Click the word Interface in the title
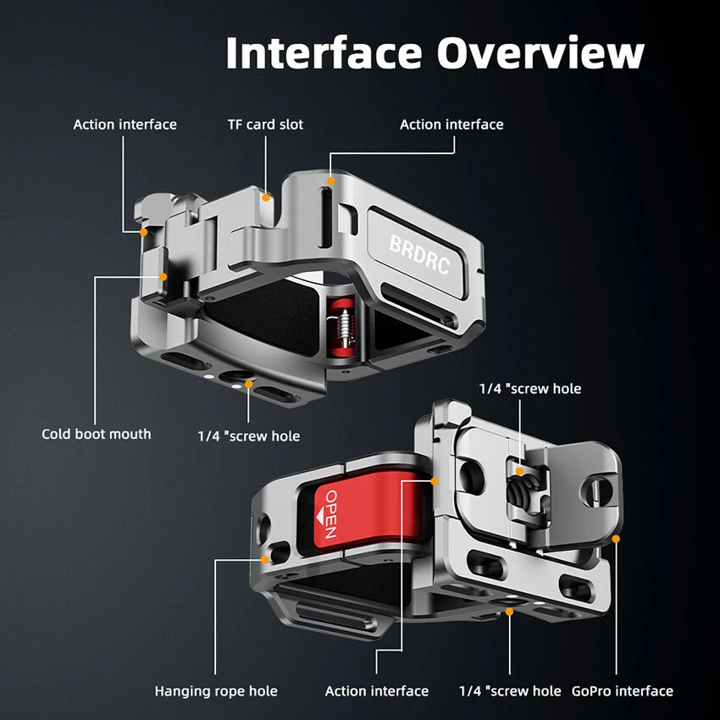tap(324, 53)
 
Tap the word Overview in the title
tap(540, 53)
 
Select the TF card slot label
tap(265, 125)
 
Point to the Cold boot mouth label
tap(97, 434)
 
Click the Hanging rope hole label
tap(216, 691)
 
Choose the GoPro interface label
tap(623, 691)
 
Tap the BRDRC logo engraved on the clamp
tap(419, 254)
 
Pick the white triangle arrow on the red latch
tap(320, 518)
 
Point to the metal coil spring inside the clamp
tap(343, 326)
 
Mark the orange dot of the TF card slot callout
tap(266, 198)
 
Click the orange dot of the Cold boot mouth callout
tap(163, 277)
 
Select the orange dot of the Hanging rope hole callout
tap(264, 559)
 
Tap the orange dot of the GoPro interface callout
tap(616, 539)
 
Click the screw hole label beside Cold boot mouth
tap(249, 435)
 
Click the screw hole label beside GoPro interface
tap(510, 691)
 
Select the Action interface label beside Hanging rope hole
tap(377, 691)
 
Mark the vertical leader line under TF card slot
tap(265, 165)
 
